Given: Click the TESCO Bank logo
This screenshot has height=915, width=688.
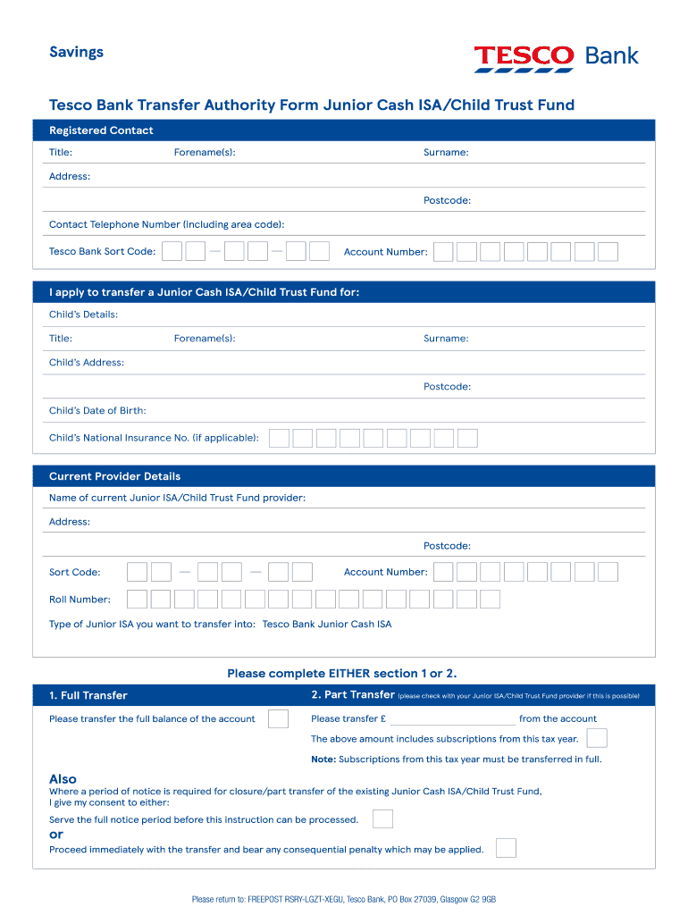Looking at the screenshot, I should tap(556, 57).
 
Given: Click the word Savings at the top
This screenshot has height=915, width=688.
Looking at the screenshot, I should tap(76, 52).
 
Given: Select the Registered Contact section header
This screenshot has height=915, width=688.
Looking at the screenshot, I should tap(101, 130).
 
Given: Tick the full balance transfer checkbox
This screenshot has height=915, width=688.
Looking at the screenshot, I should tap(278, 718).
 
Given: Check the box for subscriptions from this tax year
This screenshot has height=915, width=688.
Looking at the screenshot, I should tap(597, 738).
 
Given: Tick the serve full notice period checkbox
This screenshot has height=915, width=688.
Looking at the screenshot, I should tap(382, 818).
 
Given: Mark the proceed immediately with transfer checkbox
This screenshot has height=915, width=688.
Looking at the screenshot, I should tap(506, 848).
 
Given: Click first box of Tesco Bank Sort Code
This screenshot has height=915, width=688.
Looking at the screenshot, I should tap(172, 251).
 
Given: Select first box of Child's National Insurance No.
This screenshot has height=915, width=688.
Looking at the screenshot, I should tap(280, 438).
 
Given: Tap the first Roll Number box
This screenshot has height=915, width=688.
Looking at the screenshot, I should tap(138, 599).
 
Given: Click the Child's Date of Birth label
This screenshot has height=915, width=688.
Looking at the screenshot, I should tap(97, 411).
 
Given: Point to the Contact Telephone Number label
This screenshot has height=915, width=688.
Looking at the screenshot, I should tap(166, 224).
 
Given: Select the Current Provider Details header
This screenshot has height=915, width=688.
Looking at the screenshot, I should tap(114, 476).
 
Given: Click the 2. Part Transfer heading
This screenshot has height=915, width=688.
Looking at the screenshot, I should tap(352, 695).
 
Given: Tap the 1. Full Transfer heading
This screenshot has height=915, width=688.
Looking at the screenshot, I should tap(88, 695).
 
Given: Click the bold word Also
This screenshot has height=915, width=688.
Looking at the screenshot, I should tap(63, 778).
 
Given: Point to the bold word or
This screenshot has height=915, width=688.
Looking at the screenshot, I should tap(56, 835).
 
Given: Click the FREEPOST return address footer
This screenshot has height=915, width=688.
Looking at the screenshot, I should tap(344, 899).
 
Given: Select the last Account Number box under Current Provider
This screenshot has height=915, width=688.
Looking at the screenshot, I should tap(608, 572).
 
